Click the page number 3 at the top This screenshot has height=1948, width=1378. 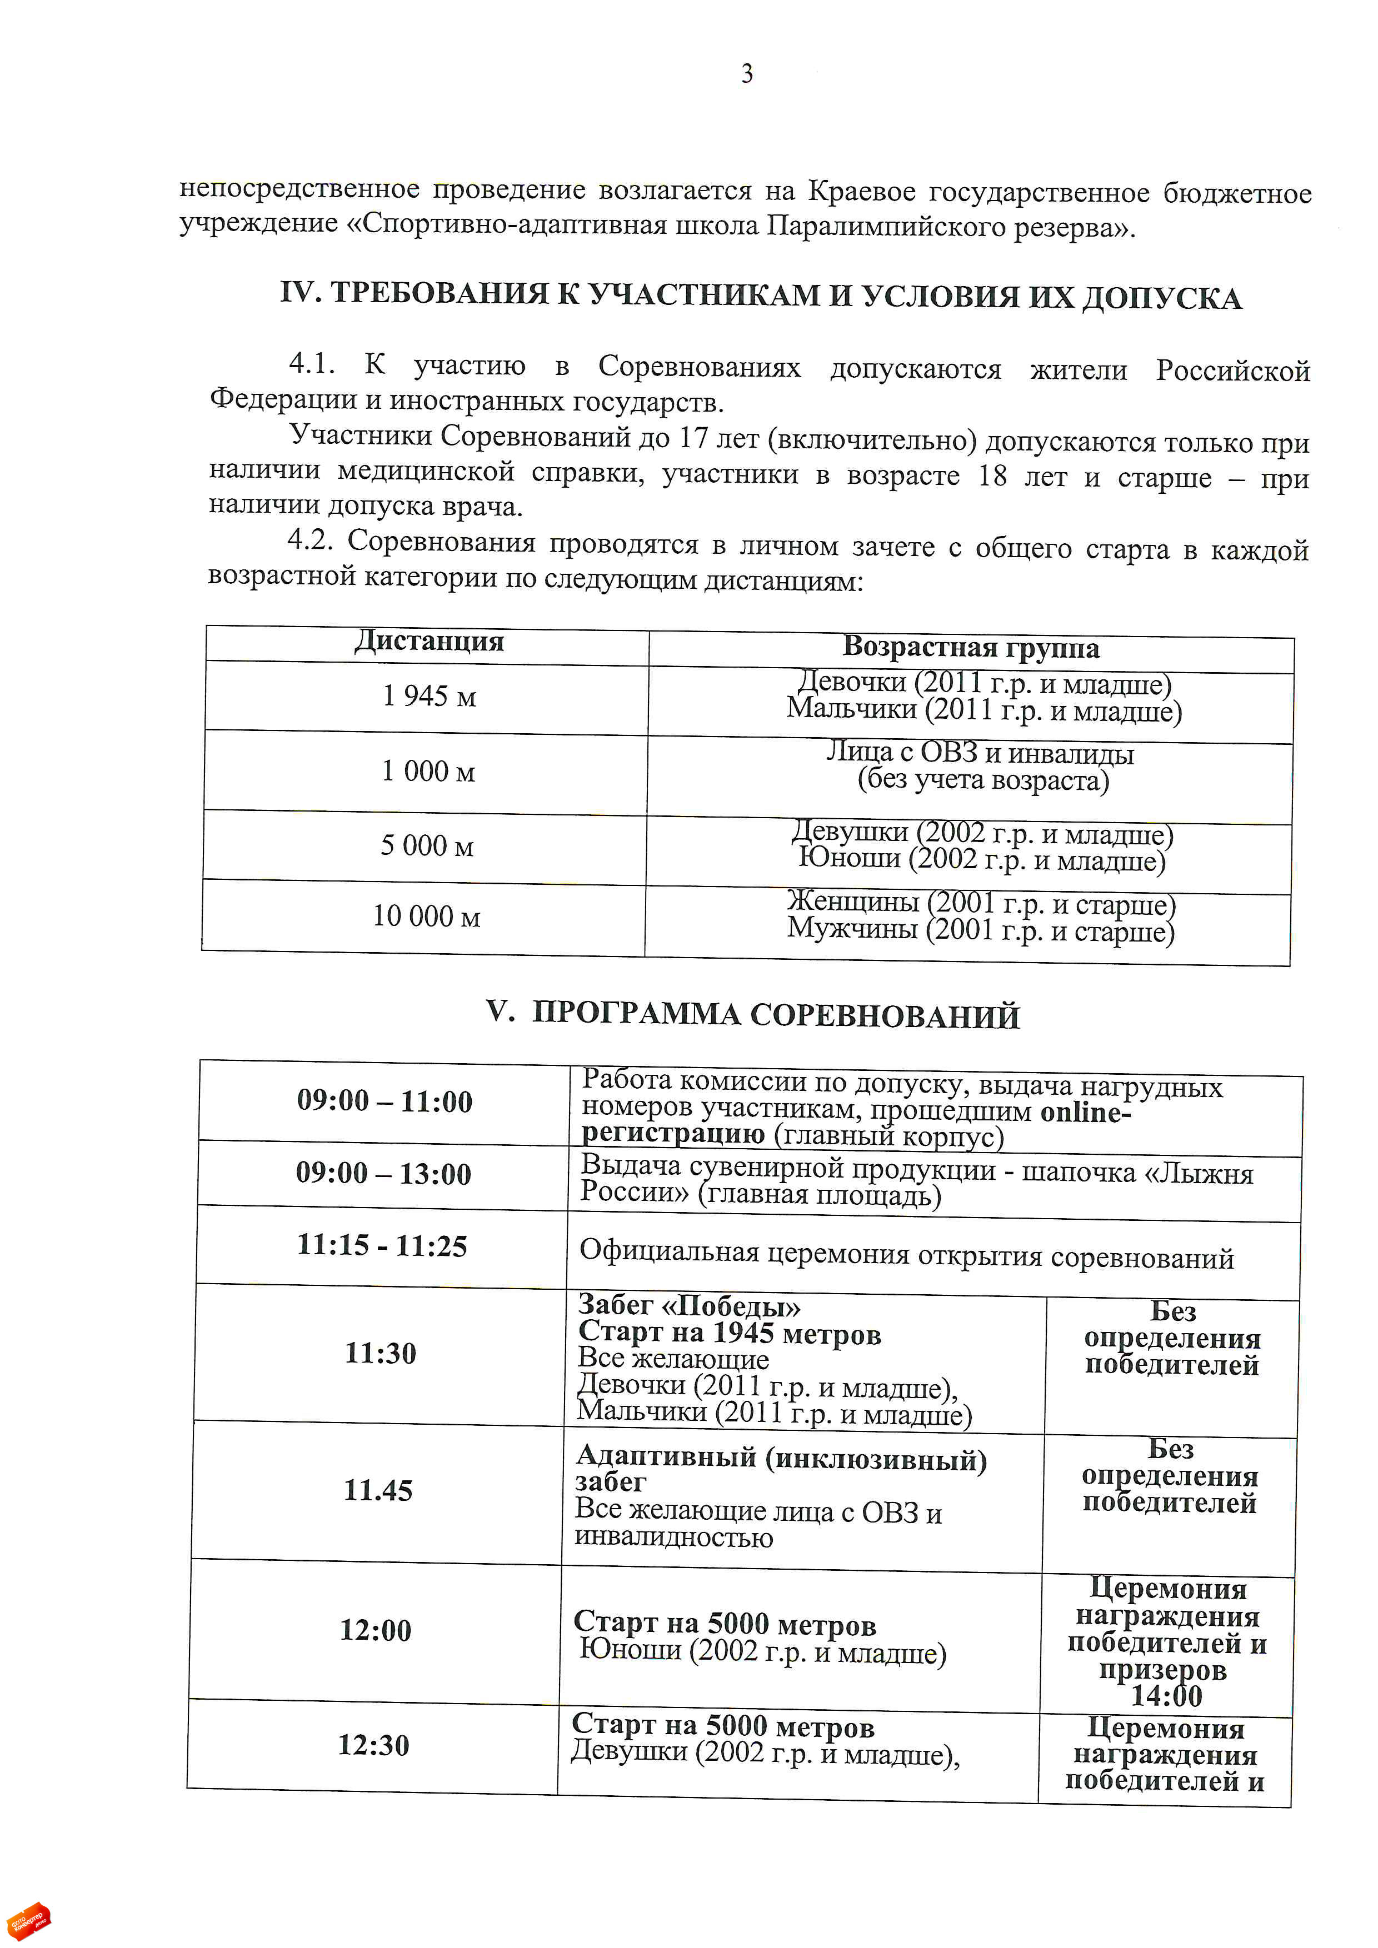click(747, 74)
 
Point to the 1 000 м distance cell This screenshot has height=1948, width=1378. click(428, 771)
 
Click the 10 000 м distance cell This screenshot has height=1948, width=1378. click(426, 917)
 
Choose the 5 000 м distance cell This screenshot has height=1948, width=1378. click(427, 846)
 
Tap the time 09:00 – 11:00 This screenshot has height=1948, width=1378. click(385, 1101)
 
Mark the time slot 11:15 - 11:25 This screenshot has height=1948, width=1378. click(382, 1245)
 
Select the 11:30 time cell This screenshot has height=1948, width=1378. click(380, 1353)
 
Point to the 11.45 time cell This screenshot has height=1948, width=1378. click(378, 1491)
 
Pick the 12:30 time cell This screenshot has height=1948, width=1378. click(373, 1745)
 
